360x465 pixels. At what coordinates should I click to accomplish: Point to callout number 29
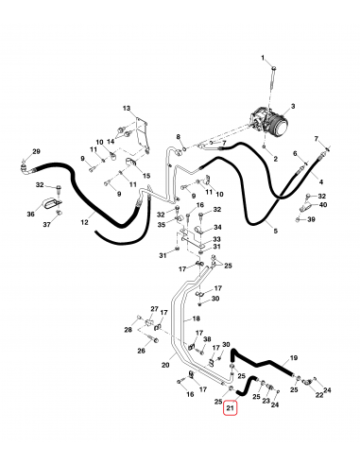pyautogui.click(x=36, y=152)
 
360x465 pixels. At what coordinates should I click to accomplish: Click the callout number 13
pyautogui.click(x=126, y=109)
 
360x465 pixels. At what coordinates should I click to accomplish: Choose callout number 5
pyautogui.click(x=276, y=231)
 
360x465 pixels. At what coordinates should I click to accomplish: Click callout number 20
pyautogui.click(x=166, y=365)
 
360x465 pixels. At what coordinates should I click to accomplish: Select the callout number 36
pyautogui.click(x=30, y=215)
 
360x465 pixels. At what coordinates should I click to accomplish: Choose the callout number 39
pyautogui.click(x=311, y=219)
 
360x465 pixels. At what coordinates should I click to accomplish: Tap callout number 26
pyautogui.click(x=141, y=351)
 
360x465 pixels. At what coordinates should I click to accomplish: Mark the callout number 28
pyautogui.click(x=129, y=330)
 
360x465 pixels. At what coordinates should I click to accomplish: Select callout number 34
pyautogui.click(x=216, y=228)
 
